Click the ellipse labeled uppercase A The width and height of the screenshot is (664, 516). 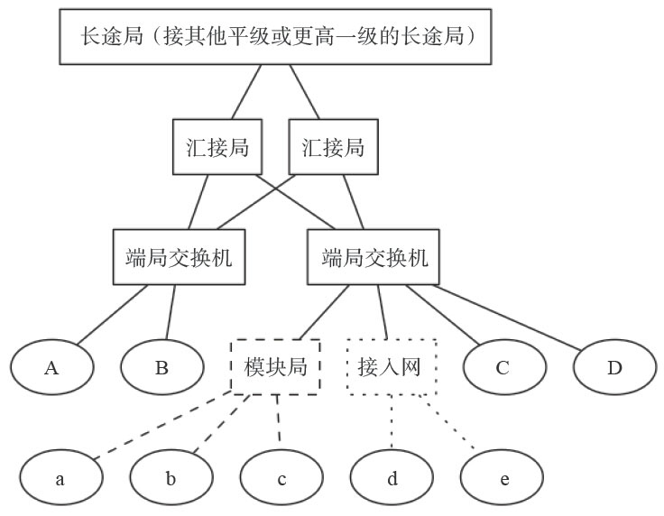[51, 368]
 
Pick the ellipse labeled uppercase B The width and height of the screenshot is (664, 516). [162, 368]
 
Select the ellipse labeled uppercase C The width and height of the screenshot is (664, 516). [503, 368]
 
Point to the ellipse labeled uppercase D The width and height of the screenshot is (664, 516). [614, 368]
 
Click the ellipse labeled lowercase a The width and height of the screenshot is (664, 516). [60, 478]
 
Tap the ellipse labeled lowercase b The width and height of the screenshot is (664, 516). [171, 478]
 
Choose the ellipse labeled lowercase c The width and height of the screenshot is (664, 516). [281, 478]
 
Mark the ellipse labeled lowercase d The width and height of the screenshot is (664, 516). [392, 478]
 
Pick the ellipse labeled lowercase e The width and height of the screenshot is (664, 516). [503, 478]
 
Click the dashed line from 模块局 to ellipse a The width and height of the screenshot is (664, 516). [162, 427]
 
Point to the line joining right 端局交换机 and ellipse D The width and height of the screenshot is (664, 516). [510, 316]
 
